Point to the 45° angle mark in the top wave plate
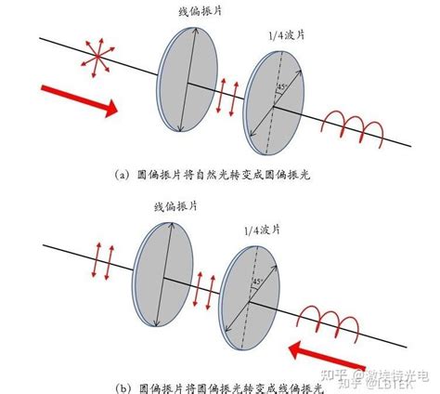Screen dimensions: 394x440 point(280,89)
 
